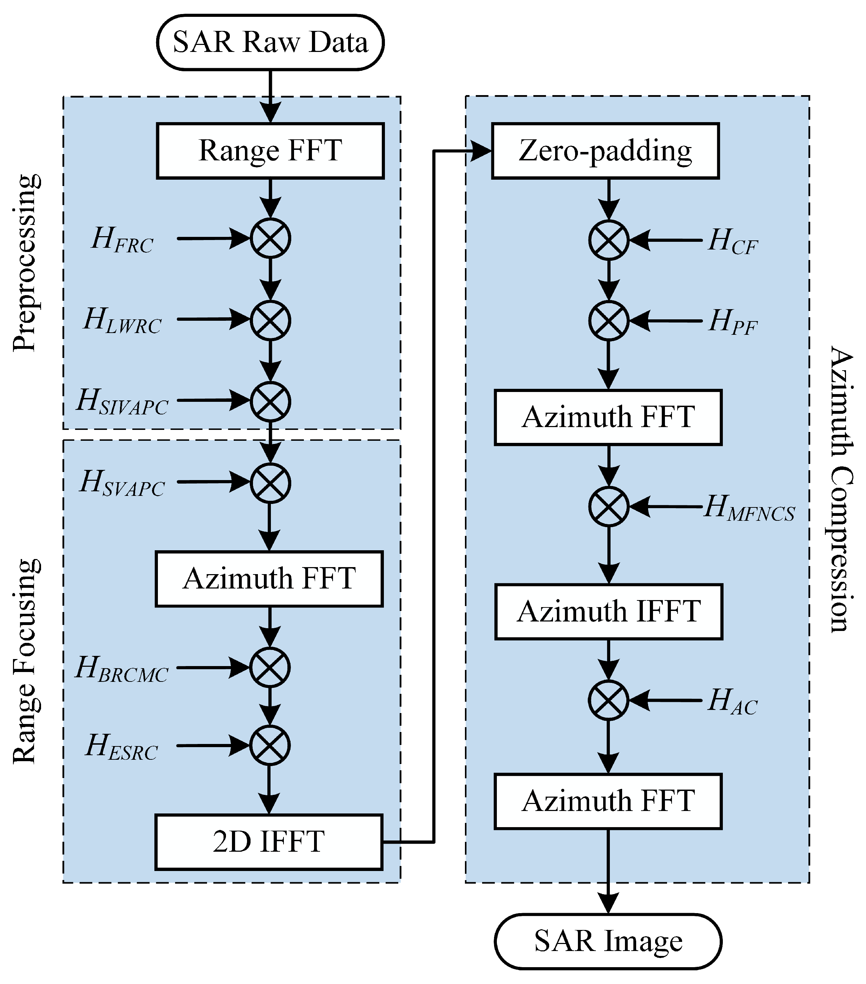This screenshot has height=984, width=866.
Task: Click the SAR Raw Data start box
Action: pyautogui.click(x=270, y=42)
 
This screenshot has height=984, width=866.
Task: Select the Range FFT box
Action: pyautogui.click(x=270, y=151)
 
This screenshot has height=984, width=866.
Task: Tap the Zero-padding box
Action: pyautogui.click(x=605, y=151)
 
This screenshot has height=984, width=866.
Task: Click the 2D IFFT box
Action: pyautogui.click(x=269, y=842)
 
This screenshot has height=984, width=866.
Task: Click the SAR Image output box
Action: pyautogui.click(x=608, y=941)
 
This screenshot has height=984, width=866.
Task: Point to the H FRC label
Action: pyautogui.click(x=122, y=240)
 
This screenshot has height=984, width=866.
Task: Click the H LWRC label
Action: pyautogui.click(x=122, y=321)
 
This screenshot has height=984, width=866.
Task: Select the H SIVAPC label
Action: pyautogui.click(x=122, y=401)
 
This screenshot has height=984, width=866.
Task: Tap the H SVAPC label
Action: pyautogui.click(x=122, y=483)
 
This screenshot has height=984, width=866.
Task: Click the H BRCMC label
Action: pyautogui.click(x=121, y=669)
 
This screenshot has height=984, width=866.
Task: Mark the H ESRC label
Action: pyautogui.click(x=121, y=747)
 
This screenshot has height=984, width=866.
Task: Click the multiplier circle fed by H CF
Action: pyautogui.click(x=608, y=240)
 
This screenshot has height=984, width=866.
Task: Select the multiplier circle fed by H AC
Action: pyautogui.click(x=608, y=700)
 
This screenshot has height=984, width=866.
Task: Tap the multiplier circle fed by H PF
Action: pyautogui.click(x=608, y=321)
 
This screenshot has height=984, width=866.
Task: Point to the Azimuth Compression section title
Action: pyautogui.click(x=841, y=488)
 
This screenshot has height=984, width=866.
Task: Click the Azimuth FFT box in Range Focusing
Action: pyautogui.click(x=269, y=579)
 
